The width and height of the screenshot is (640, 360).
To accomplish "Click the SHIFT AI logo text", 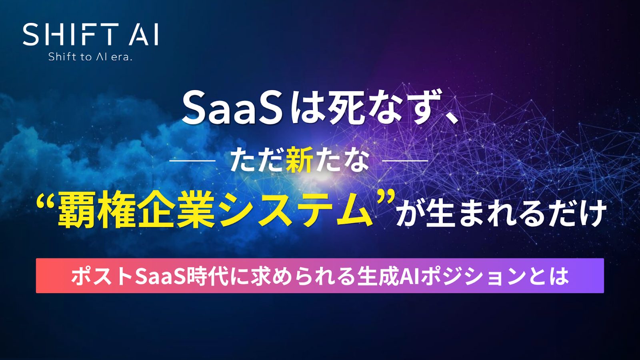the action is click(90, 34).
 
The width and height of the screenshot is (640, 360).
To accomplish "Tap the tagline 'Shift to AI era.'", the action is click(90, 57).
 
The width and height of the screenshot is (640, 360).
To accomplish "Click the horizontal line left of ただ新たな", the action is click(192, 161).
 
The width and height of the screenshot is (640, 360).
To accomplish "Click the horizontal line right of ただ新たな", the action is click(405, 161).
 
